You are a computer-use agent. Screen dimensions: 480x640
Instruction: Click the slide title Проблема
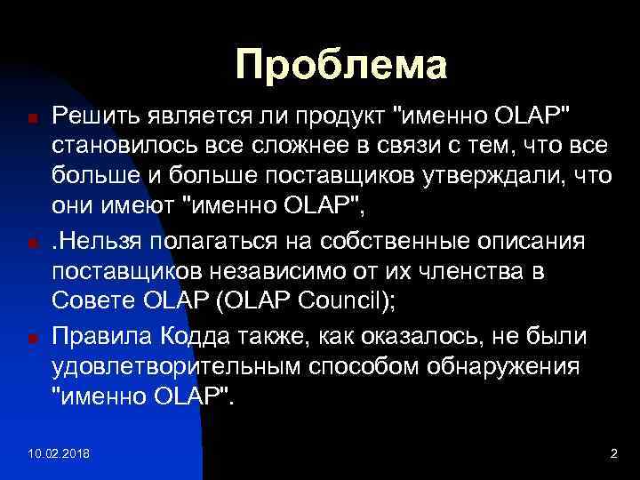[340, 65]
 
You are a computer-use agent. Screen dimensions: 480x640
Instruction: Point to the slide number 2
[612, 454]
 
